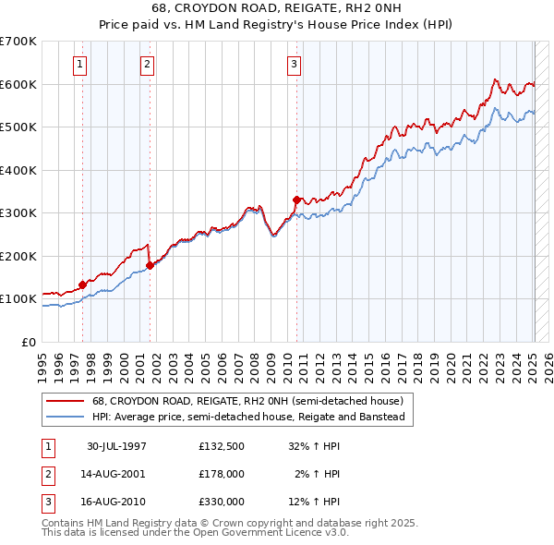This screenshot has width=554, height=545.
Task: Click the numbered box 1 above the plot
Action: tap(81, 64)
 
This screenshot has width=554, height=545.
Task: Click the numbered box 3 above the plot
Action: tap(294, 64)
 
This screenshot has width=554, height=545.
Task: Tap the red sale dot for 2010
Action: tap(296, 200)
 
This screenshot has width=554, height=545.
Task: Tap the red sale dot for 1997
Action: tap(83, 285)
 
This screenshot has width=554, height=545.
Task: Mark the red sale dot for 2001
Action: tap(150, 265)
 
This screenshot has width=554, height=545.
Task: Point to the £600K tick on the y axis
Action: tap(18, 84)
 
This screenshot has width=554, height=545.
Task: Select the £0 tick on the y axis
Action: tap(29, 342)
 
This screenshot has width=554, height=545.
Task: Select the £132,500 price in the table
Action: tap(221, 446)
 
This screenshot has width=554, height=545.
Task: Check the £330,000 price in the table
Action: tap(221, 502)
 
